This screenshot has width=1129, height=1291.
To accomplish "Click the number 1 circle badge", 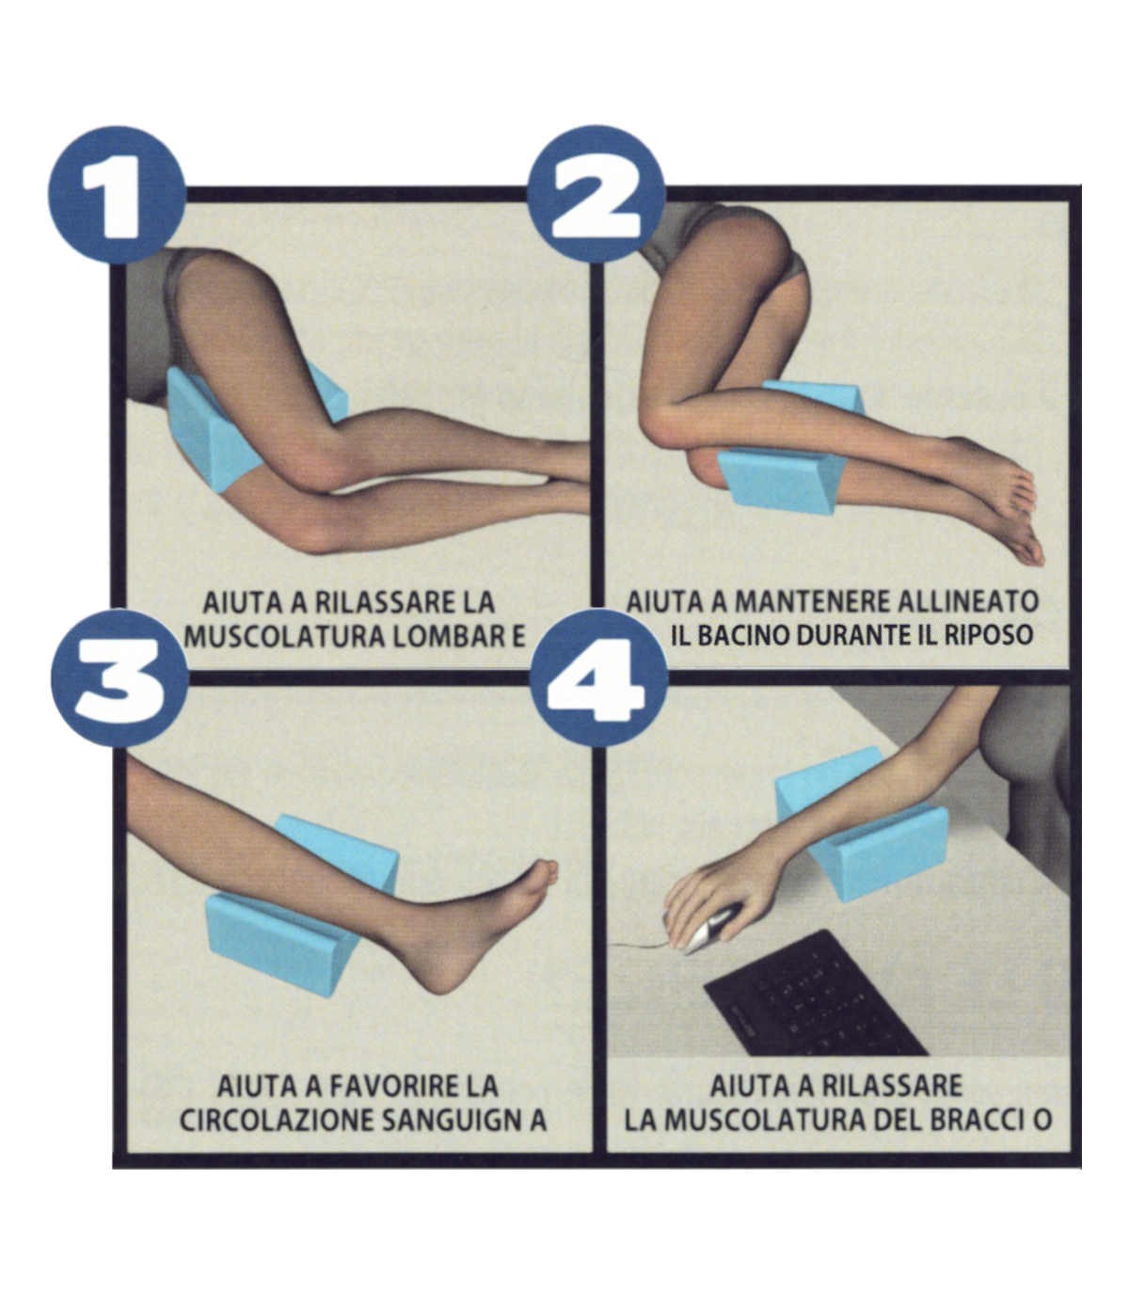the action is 118,195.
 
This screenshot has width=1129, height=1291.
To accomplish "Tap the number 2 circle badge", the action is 596,195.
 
